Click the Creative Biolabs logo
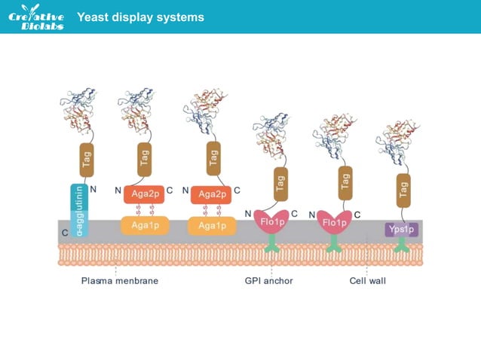coord(36,17)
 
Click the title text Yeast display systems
coord(140,17)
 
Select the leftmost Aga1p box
coord(143,225)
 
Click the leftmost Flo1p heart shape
coord(271,222)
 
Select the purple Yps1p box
coord(401,229)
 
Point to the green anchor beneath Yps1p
coord(402,245)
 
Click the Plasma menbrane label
coord(120,282)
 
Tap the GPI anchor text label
coord(269,282)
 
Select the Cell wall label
coord(367,282)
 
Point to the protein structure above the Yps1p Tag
coord(400,139)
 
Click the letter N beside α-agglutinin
coord(93,191)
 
